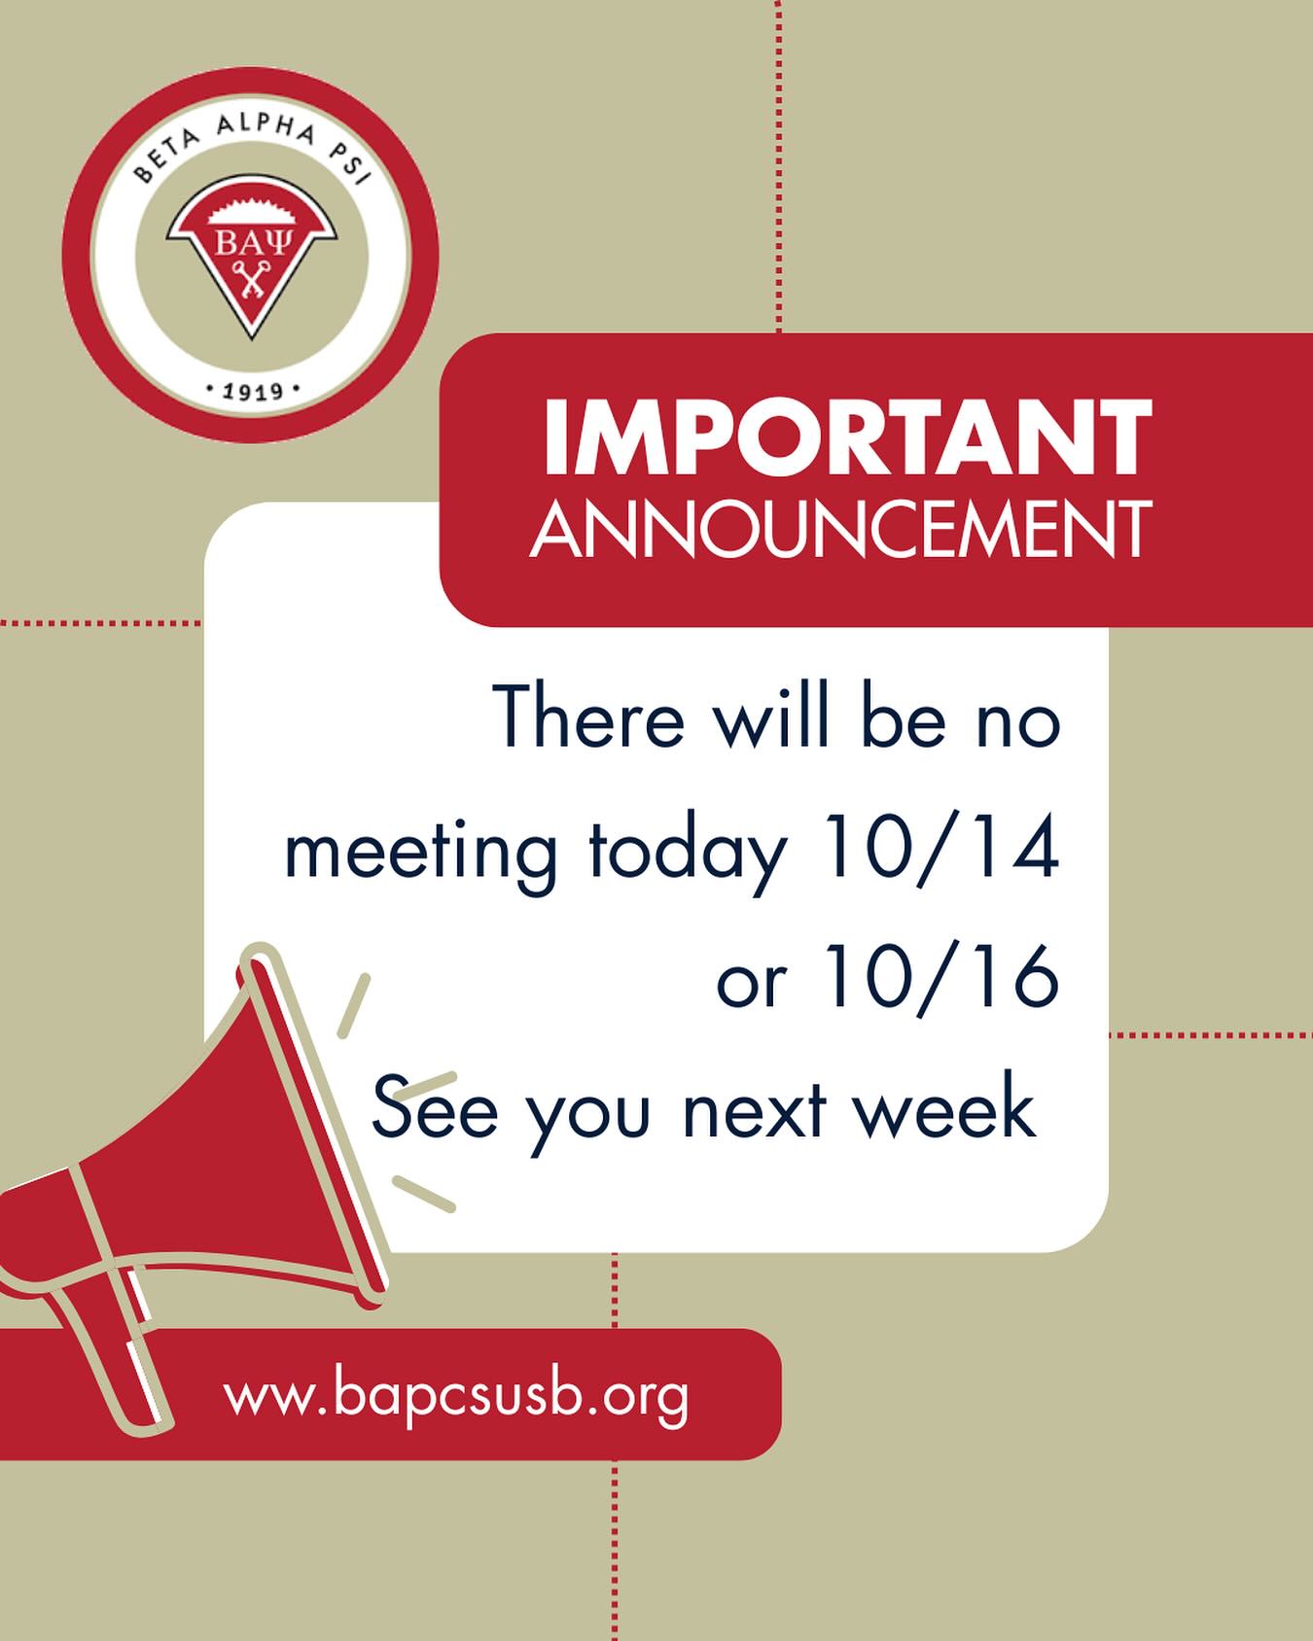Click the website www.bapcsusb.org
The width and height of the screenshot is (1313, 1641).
456,1397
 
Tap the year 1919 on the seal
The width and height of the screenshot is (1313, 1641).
252,392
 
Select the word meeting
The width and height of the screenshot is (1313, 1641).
420,853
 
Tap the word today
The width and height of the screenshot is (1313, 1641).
686,853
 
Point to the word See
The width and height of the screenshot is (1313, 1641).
435,1107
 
